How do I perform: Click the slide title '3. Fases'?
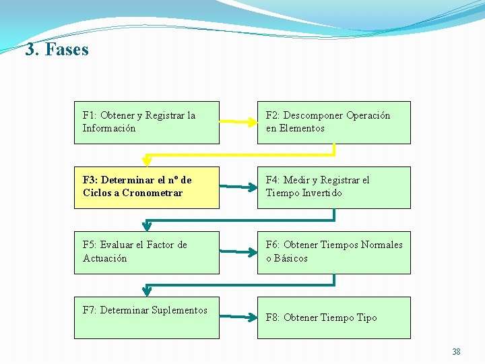coord(57,50)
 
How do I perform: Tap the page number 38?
coord(456,352)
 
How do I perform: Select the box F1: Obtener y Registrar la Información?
coord(146,122)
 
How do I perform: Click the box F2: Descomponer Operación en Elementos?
coord(333,122)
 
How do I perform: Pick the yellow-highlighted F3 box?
coord(146,187)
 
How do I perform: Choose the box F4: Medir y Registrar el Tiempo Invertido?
coord(333,187)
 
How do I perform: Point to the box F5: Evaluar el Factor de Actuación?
coord(146,252)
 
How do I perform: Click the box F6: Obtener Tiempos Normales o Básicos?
coord(333,252)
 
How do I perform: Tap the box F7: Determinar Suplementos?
coord(146,317)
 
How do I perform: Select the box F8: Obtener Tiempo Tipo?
coord(333,317)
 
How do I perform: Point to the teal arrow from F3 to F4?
coord(238,187)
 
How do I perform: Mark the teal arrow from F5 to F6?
coord(238,253)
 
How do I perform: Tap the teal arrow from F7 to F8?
coord(238,315)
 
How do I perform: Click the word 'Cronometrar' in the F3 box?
coord(152,193)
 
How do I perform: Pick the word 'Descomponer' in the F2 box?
coord(313,115)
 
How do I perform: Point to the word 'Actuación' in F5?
coord(104,258)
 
